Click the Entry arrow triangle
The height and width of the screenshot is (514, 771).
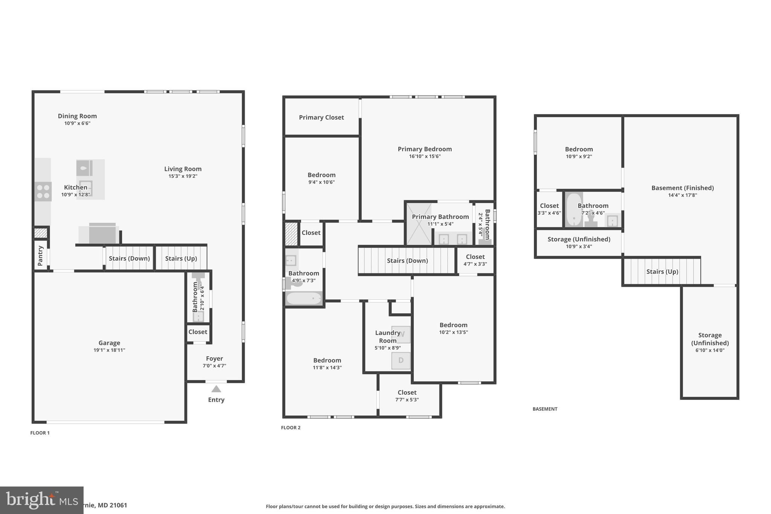(x=216, y=389)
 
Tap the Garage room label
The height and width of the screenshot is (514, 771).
(x=109, y=343)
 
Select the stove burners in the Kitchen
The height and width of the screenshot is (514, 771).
(x=43, y=191)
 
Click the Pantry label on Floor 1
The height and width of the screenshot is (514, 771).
(x=41, y=255)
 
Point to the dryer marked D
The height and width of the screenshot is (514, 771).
(x=401, y=360)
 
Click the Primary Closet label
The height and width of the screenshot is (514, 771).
(x=321, y=117)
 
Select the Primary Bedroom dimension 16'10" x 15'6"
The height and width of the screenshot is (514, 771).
(x=425, y=156)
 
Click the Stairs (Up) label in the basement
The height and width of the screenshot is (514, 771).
(x=662, y=271)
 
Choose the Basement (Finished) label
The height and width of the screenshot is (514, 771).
(x=682, y=188)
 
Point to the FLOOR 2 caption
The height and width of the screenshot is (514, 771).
(x=291, y=427)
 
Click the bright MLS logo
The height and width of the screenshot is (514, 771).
(x=41, y=500)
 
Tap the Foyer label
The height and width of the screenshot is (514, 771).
(x=214, y=358)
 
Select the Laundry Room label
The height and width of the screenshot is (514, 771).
(x=387, y=337)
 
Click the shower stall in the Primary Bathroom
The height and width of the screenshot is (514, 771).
(x=418, y=224)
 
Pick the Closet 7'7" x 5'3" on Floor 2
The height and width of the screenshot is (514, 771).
(x=407, y=396)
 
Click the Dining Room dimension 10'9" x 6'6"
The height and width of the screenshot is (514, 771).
(x=77, y=123)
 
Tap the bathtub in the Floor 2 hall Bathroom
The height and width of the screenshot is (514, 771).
(x=303, y=299)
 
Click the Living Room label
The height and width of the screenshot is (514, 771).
(x=183, y=169)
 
